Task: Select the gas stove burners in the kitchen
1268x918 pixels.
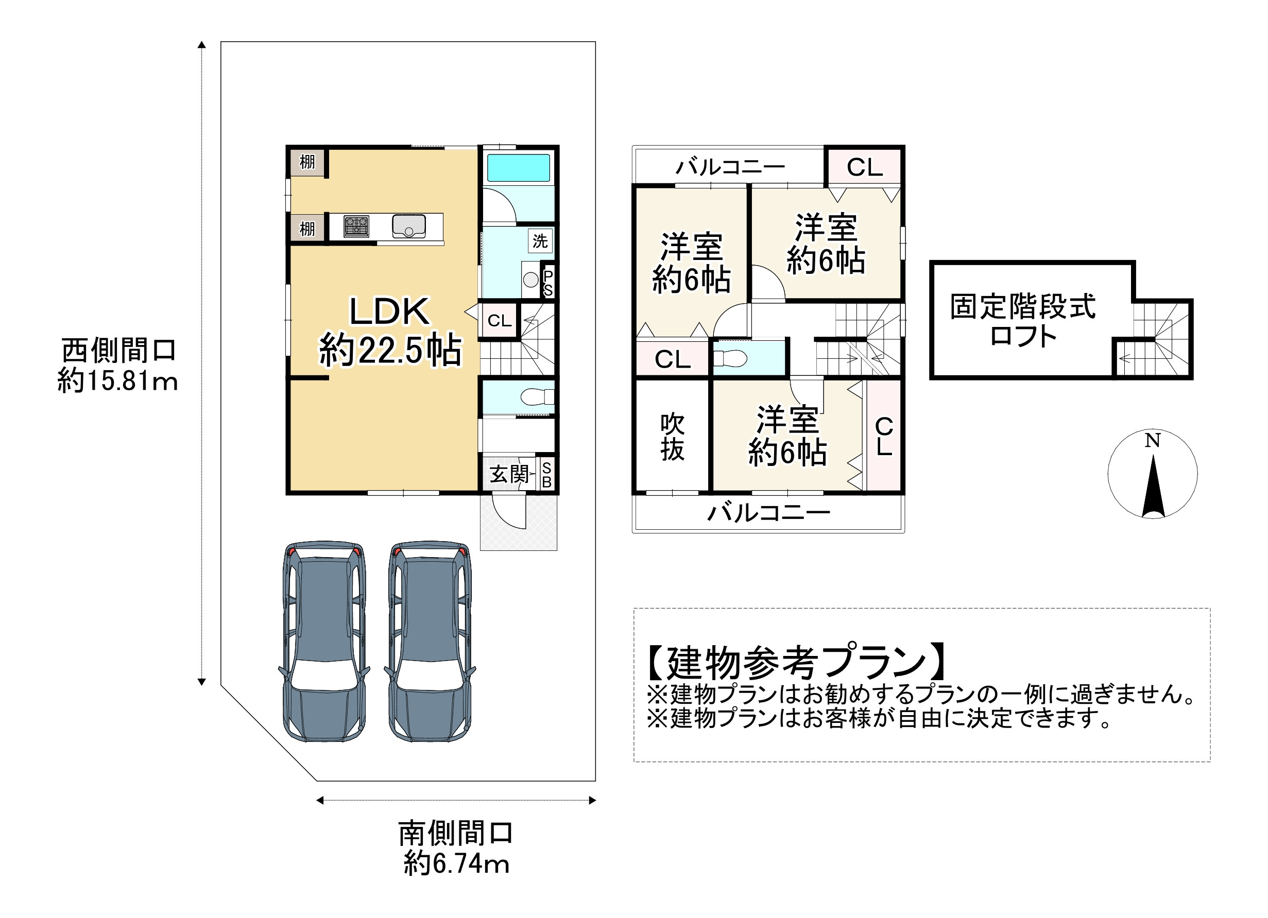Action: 356,227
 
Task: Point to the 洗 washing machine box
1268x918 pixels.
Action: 540,241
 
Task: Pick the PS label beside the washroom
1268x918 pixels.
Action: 548,283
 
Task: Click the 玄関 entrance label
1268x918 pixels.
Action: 509,474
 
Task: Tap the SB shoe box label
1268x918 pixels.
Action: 547,475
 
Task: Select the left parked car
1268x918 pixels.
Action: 324,641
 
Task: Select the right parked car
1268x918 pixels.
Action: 430,641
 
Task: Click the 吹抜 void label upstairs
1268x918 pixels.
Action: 672,437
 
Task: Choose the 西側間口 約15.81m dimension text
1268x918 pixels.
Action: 118,366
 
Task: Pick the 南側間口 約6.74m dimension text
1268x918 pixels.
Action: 456,848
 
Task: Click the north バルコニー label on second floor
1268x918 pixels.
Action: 730,166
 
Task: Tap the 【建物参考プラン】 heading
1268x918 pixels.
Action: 797,663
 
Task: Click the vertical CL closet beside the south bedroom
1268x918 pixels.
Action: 884,436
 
